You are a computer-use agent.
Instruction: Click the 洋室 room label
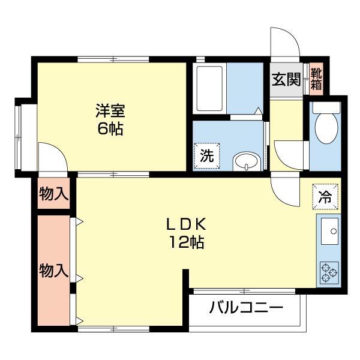pos(112,111)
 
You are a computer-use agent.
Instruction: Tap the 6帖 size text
pos(112,128)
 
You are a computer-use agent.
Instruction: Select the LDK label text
pos(187,224)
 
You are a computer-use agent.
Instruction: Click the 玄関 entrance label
pos(286,79)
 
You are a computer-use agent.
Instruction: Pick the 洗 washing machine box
pos(206,157)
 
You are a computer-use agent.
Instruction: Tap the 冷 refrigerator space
pos(325,196)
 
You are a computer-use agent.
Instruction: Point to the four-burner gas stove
pos(329,272)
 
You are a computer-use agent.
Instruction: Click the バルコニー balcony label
pos(246,309)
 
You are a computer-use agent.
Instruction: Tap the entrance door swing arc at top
pos(284,42)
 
